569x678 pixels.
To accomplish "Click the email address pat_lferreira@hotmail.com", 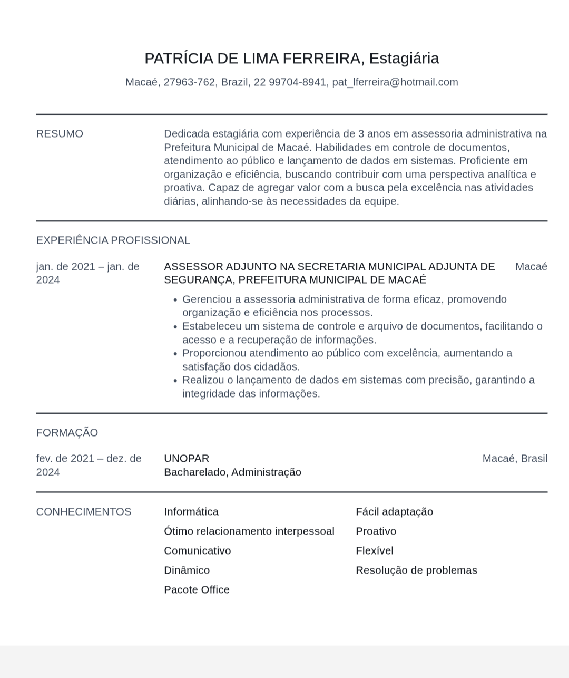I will tap(395, 82).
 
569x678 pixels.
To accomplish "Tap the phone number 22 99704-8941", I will tap(290, 82).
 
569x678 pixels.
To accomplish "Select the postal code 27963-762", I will tap(189, 82).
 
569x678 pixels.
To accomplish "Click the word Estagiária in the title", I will tap(404, 58).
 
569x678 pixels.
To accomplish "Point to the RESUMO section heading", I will tap(60, 134).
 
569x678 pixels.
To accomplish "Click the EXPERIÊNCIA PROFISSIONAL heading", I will tap(113, 240).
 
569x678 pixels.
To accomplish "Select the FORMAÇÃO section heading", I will tap(67, 433).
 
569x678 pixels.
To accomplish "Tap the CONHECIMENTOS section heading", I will tap(83, 512).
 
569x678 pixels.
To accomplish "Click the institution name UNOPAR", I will tap(187, 459).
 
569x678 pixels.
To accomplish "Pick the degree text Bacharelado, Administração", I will tap(232, 472).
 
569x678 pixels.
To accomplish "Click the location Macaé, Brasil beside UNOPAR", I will tap(515, 459).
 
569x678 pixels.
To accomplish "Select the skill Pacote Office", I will tap(197, 590).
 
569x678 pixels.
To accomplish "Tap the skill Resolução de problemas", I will tap(416, 570).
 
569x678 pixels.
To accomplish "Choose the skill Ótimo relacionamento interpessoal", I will tap(249, 531).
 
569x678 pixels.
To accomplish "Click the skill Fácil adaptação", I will tap(394, 512).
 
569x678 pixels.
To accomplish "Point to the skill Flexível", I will tap(374, 551).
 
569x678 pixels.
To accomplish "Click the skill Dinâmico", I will tap(187, 570).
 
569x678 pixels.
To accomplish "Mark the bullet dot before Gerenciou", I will tap(175, 300).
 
